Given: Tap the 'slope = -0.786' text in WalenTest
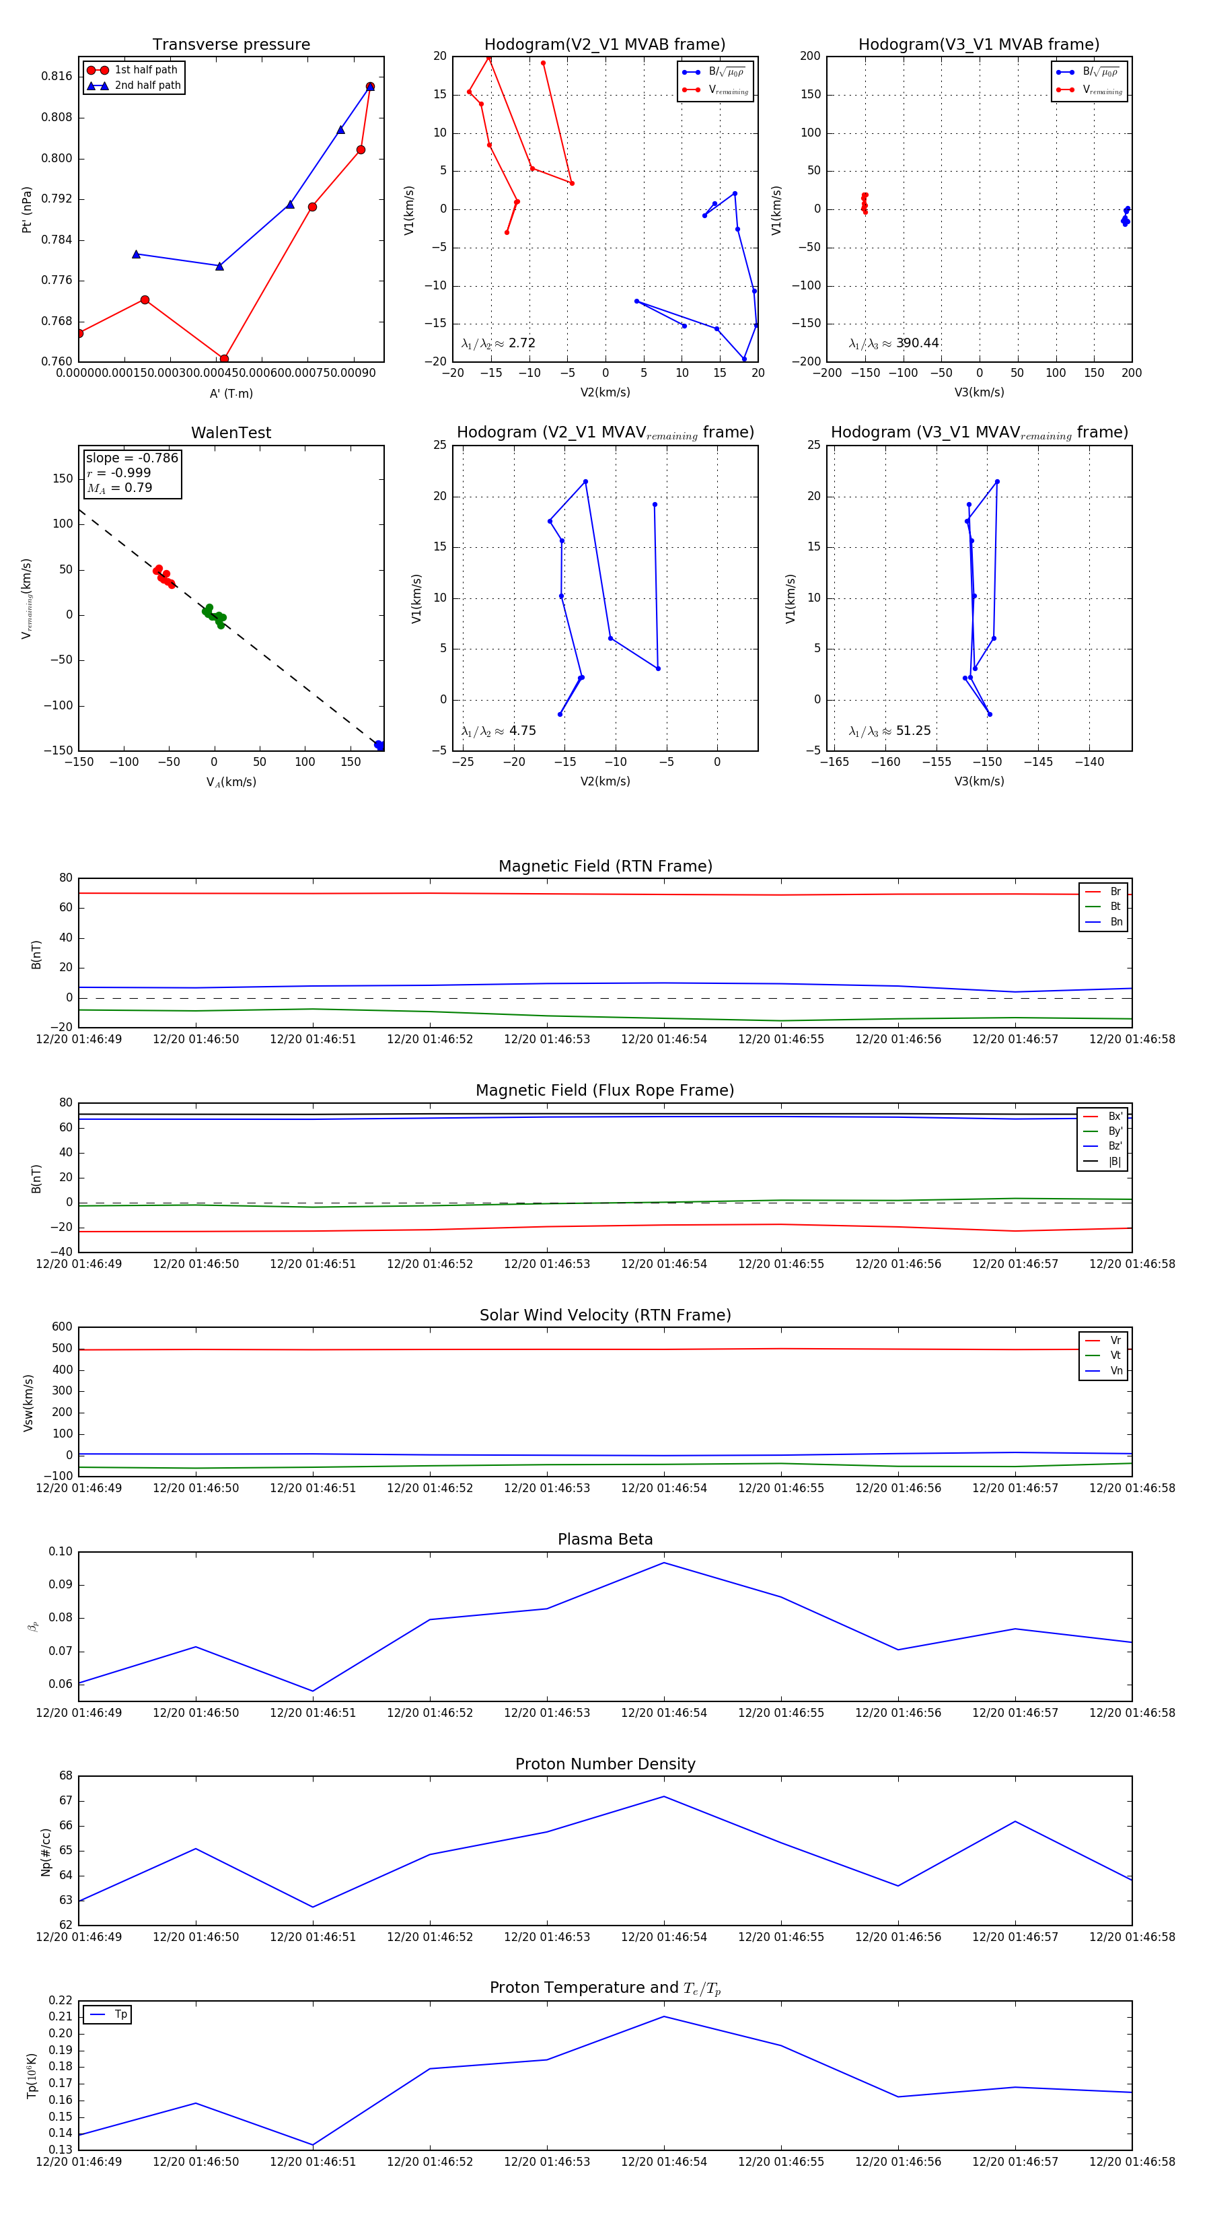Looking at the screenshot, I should click(x=132, y=458).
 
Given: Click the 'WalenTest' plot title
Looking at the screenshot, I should click(x=231, y=433).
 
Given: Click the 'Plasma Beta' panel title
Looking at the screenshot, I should click(x=605, y=1539).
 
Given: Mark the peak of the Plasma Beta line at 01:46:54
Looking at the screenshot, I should click(x=663, y=1562).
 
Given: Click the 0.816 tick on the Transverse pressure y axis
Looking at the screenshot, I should click(x=57, y=76).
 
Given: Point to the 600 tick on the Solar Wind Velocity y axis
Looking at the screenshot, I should click(x=62, y=1327).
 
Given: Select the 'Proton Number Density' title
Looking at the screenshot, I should click(x=605, y=1763).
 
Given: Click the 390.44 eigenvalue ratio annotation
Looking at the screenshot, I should click(x=916, y=343).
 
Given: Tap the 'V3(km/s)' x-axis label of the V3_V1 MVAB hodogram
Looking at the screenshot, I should click(x=978, y=392).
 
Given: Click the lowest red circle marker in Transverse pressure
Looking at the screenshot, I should click(x=224, y=359).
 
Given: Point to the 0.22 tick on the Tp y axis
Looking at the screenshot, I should click(x=61, y=2000).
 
